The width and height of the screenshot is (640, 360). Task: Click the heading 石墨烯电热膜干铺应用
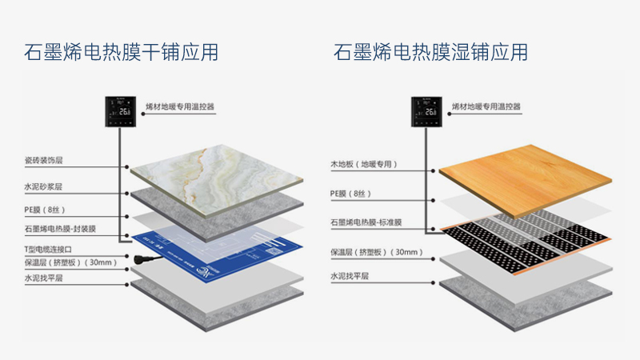pos(121,53)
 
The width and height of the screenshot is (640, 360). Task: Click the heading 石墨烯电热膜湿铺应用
pos(430,53)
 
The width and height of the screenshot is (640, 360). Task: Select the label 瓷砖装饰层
pos(43,161)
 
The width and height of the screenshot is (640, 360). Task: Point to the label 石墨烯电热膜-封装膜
pos(60,229)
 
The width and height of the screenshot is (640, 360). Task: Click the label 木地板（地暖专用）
pos(364,164)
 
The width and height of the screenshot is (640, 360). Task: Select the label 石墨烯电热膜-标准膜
pos(367,221)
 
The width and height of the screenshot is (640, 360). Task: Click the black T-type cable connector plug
pos(146,258)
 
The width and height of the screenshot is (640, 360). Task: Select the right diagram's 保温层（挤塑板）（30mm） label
pos(376,253)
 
